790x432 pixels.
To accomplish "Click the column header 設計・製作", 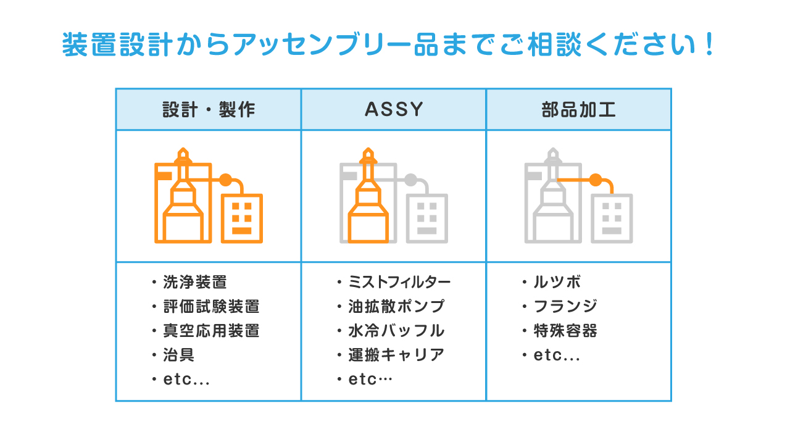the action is point(209,109).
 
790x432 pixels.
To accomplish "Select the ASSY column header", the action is point(394,109).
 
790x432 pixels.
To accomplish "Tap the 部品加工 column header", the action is point(579,109).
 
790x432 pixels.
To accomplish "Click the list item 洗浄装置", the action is point(195,282).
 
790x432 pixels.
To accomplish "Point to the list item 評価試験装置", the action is point(211,307).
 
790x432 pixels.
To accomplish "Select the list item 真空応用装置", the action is point(211,331).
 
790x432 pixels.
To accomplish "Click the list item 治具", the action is point(178,355).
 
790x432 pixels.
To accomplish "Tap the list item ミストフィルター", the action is point(399,282).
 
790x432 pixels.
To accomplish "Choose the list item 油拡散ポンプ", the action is point(396,307).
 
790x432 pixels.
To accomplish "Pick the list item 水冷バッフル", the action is point(396,331).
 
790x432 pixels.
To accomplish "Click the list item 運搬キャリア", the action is point(396,355).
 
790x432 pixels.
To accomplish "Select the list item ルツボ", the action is point(557,282).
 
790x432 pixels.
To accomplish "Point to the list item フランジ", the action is point(565,307).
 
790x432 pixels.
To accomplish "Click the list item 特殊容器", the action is point(565,331).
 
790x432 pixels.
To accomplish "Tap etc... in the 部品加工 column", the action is point(557,355).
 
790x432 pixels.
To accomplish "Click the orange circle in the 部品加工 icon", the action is point(596,180).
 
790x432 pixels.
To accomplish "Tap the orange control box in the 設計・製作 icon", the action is point(242,218).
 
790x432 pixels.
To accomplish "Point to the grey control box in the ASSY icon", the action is point(427,218).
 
